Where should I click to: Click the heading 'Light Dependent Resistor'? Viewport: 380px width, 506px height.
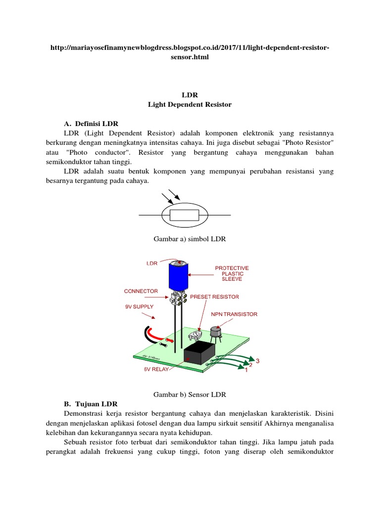pos(190,105)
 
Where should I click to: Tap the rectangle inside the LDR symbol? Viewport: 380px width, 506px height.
pos(184,215)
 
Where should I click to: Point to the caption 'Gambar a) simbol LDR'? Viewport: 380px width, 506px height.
pos(190,239)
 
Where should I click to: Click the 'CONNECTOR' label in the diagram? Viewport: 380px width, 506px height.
pos(141,291)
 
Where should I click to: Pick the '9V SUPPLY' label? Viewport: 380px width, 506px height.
pos(139,306)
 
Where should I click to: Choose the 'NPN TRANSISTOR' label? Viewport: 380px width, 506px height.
pos(235,314)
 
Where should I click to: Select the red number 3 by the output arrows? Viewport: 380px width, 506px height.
pos(257,361)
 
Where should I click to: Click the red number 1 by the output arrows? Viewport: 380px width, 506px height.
pos(246,374)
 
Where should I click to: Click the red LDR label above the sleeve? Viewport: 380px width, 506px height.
pos(151,263)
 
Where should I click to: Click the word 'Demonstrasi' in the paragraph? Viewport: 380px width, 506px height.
pos(84,413)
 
